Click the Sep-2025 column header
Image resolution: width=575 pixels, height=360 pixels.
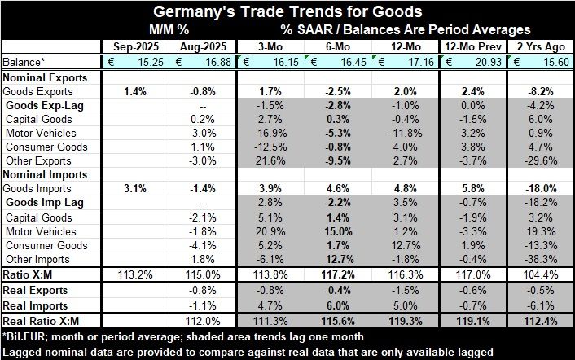click(x=129, y=46)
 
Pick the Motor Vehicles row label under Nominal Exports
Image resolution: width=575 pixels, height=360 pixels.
click(x=41, y=133)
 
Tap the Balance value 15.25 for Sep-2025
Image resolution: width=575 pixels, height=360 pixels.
click(x=139, y=62)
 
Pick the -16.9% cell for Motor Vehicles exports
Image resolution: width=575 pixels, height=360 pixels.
click(x=270, y=133)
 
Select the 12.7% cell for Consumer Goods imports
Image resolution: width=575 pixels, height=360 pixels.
click(x=406, y=245)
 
